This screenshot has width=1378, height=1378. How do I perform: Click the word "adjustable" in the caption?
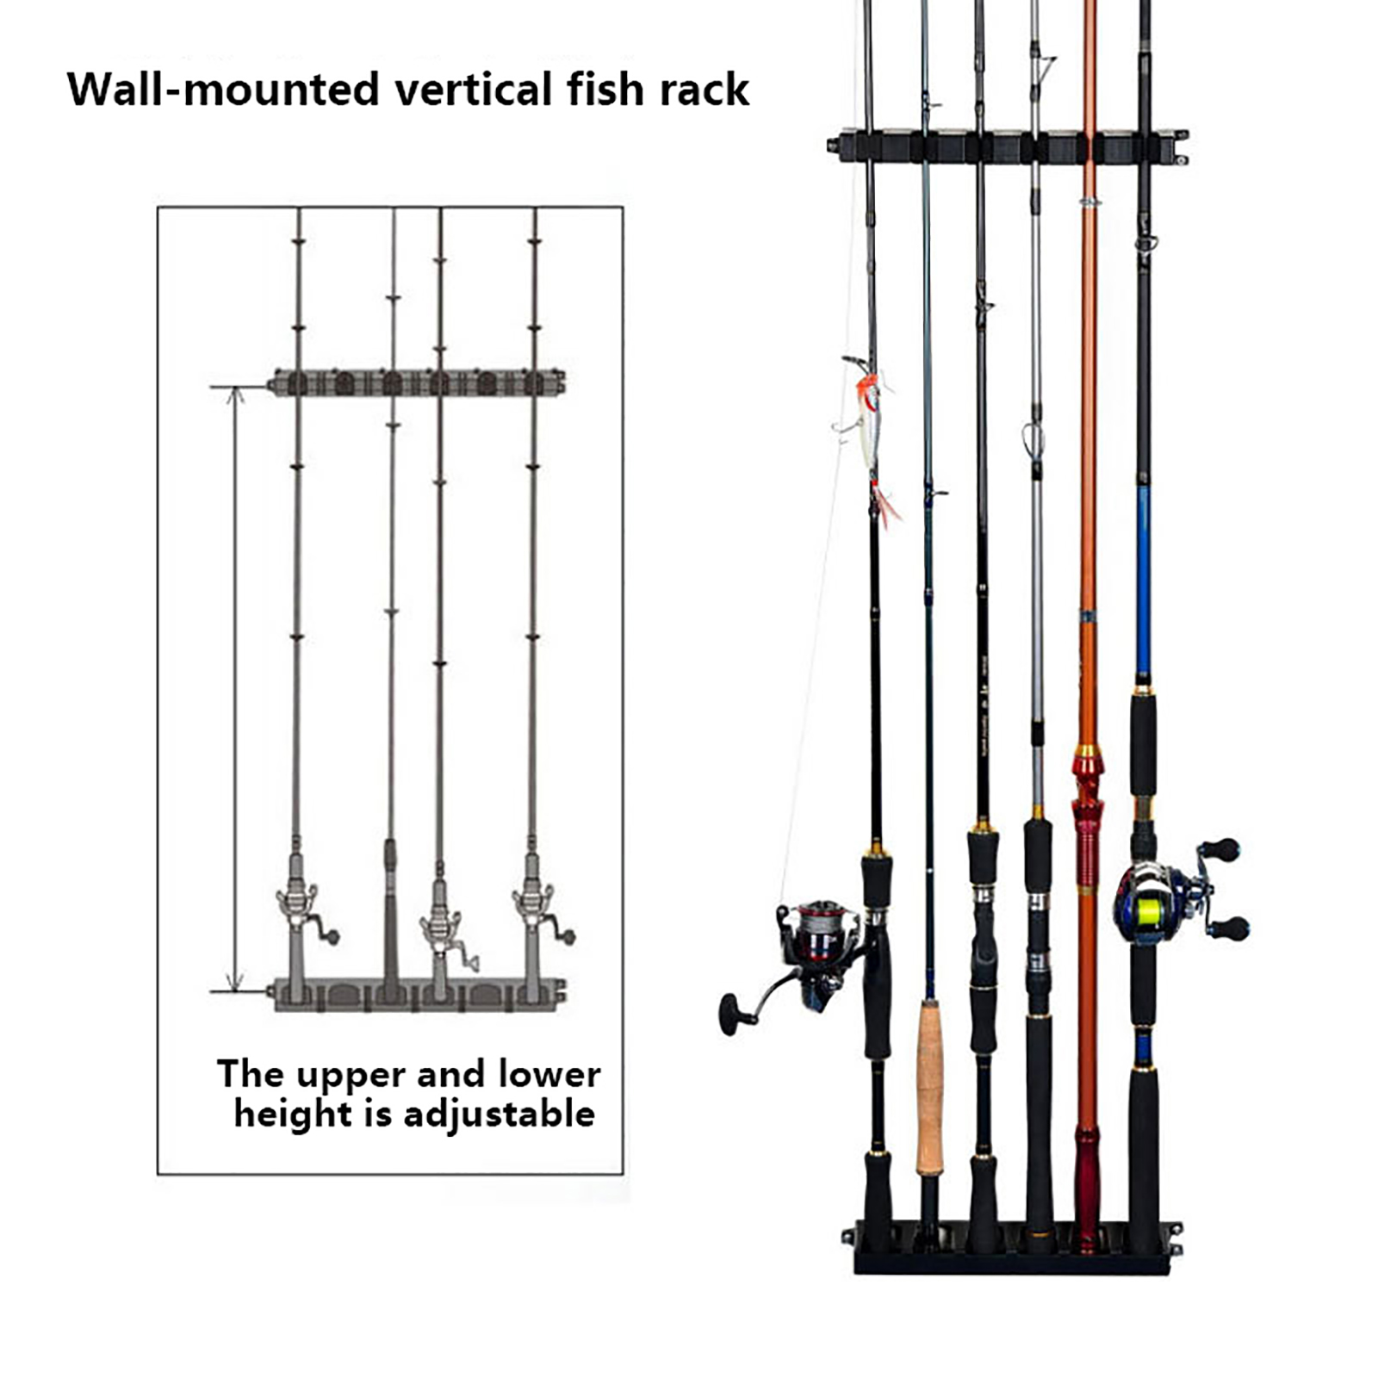(499, 1114)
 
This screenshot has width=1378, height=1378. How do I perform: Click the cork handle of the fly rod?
(928, 1085)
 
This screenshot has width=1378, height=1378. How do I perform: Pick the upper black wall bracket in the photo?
(1008, 146)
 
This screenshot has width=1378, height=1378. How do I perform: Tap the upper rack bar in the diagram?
(418, 382)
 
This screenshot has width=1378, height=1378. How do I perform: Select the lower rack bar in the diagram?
(418, 994)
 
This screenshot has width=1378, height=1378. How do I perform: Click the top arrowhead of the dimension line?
(235, 394)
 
